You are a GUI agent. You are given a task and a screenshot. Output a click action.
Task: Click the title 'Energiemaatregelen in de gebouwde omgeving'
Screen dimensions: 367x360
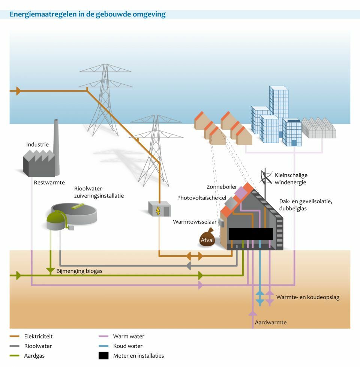tap(87, 15)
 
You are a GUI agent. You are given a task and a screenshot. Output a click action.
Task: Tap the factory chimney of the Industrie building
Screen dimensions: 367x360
tap(56, 146)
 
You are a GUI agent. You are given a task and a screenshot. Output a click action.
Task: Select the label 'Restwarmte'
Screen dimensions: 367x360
tap(49, 183)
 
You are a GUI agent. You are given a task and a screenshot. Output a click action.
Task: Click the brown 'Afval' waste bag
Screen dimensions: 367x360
tap(207, 240)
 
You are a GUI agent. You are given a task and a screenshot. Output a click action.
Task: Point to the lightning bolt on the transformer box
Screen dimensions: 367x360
tap(158, 211)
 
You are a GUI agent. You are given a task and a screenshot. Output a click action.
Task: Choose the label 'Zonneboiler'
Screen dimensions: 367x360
tap(222, 187)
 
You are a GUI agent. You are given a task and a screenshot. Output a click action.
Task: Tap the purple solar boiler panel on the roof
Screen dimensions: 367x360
tap(241, 192)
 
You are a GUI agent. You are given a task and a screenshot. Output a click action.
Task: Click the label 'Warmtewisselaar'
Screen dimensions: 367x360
tap(195, 222)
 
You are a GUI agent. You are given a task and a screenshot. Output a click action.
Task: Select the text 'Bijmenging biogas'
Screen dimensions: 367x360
tap(79, 271)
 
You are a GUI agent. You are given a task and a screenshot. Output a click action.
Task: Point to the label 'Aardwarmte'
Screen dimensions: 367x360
tap(270, 322)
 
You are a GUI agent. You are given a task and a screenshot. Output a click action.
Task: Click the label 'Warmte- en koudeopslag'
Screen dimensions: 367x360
tap(307, 297)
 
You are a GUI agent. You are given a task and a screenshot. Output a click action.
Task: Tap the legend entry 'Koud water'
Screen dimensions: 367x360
tap(128, 346)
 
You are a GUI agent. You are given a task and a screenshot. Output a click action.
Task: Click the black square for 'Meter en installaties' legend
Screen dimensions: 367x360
tap(103, 356)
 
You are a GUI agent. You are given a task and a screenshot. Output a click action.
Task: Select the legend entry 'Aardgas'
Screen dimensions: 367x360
tap(34, 356)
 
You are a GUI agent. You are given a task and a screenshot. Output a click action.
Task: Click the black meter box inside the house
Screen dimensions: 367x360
tap(250, 234)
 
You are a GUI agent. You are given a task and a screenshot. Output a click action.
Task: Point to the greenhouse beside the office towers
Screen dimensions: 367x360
tap(319, 129)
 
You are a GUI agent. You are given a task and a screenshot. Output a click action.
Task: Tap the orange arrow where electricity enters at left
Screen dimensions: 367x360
tap(18, 91)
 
